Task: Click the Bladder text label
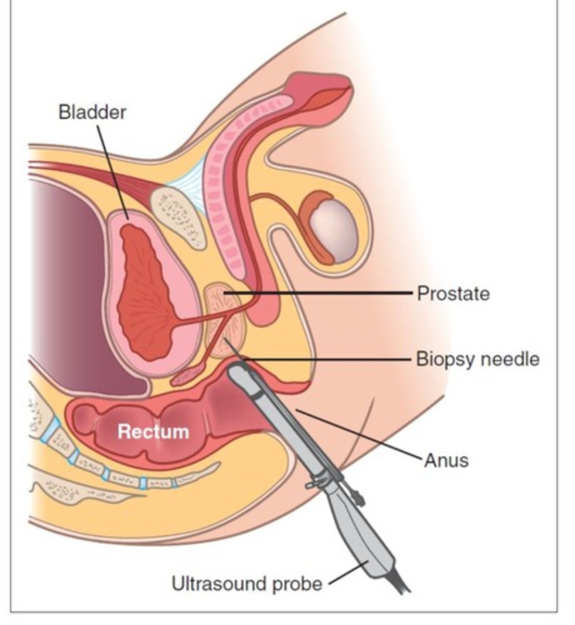tap(92, 112)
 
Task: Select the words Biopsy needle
tap(477, 359)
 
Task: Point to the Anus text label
tap(446, 460)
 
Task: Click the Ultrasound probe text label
tap(247, 583)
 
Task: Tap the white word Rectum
tap(153, 432)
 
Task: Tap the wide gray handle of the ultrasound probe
tap(365, 542)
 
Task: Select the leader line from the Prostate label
tap(323, 294)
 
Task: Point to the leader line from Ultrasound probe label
tap(344, 573)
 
